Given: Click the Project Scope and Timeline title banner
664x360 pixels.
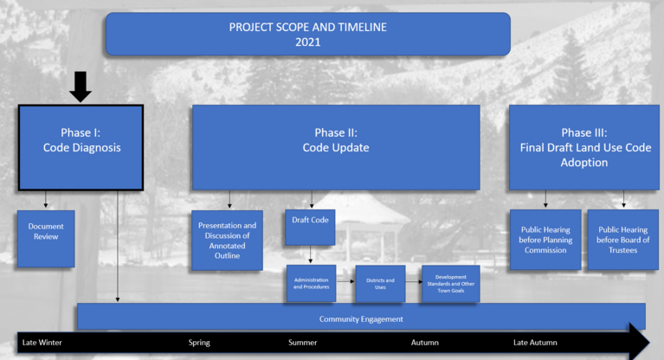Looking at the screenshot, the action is tap(308, 35).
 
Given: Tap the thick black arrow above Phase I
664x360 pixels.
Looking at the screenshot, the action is tap(80, 87).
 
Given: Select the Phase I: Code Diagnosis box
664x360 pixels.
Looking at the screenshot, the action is tap(81, 147).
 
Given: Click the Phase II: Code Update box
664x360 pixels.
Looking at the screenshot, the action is tap(336, 147).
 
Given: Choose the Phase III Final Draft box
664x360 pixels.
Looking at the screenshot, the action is tap(584, 147).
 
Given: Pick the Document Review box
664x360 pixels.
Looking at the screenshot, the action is tap(46, 239).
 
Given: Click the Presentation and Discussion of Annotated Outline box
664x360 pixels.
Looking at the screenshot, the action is tap(227, 240).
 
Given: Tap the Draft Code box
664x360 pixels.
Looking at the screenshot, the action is tap(310, 228).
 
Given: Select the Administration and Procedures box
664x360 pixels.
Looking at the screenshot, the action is tap(312, 283).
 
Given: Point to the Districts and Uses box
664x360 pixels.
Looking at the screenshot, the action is tap(380, 284).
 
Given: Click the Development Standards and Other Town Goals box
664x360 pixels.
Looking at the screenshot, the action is tap(450, 284).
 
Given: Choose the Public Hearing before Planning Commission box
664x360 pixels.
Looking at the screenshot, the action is tap(545, 240).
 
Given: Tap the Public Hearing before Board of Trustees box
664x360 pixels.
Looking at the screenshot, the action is tap(623, 240).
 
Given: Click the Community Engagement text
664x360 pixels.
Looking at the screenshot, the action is tap(361, 319).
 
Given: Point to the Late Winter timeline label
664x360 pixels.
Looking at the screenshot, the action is tap(42, 342).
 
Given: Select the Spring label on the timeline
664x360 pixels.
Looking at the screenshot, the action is tap(199, 343).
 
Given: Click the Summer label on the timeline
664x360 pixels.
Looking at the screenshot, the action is tap(303, 342).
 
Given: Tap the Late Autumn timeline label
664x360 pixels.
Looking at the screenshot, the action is tap(535, 342).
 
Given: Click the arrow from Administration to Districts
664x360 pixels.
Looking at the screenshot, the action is tap(345, 281).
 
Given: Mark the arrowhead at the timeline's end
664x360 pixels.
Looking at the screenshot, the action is tap(640, 341).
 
